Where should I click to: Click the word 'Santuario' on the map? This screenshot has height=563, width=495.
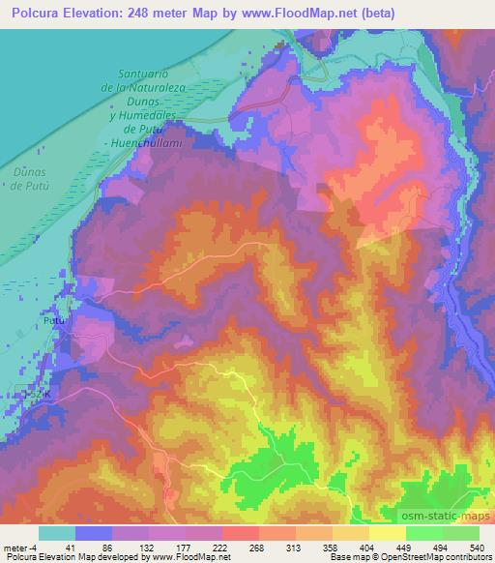pyautogui.click(x=144, y=74)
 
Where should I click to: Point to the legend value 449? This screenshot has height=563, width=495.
pyautogui.click(x=405, y=548)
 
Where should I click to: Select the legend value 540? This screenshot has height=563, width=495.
pyautogui.click(x=477, y=548)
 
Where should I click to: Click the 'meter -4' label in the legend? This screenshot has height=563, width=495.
pyautogui.click(x=20, y=548)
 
